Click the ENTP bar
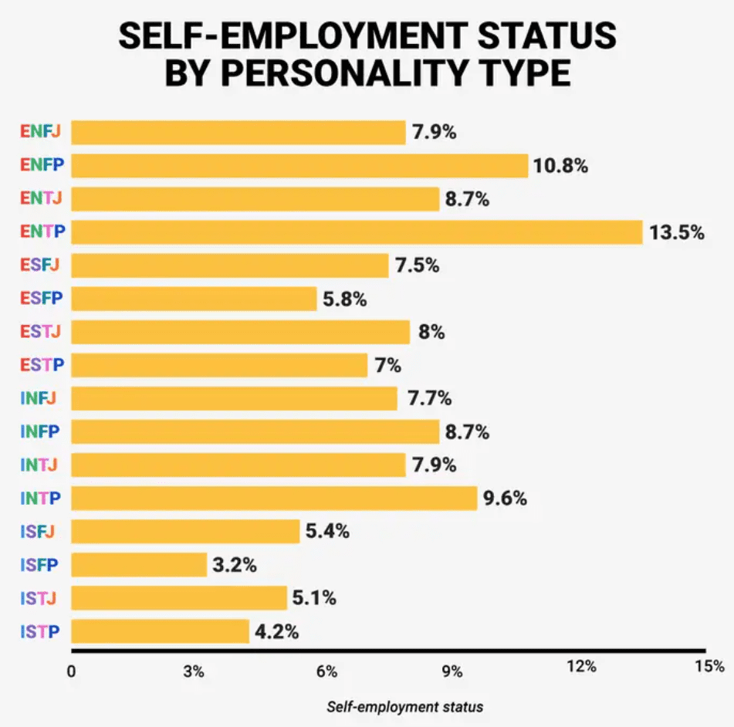(357, 232)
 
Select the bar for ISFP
(139, 565)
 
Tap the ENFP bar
(299, 166)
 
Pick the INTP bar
(274, 499)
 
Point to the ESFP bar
(194, 299)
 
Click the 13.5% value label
(676, 232)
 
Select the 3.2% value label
(235, 565)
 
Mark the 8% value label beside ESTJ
(431, 332)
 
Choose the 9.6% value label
(505, 499)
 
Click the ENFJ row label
(41, 132)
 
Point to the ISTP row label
(41, 632)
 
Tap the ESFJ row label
(40, 265)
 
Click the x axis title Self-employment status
(405, 707)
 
